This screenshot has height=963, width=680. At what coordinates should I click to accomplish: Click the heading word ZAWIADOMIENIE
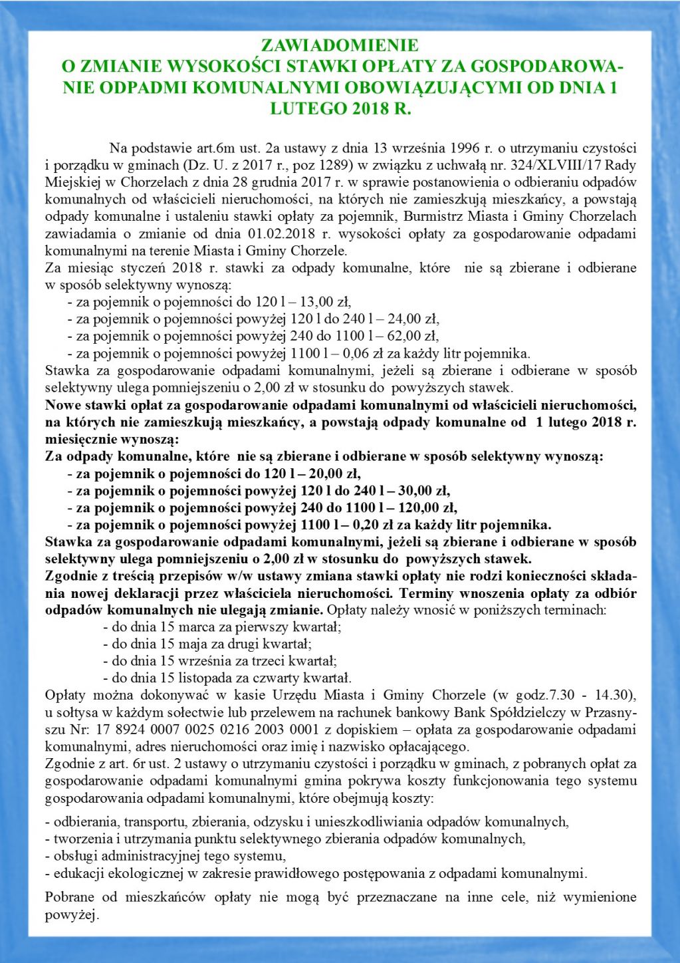[340, 45]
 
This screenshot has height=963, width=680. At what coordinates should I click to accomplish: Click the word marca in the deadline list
[191, 627]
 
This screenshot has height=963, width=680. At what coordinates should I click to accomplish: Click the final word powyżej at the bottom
[70, 916]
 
